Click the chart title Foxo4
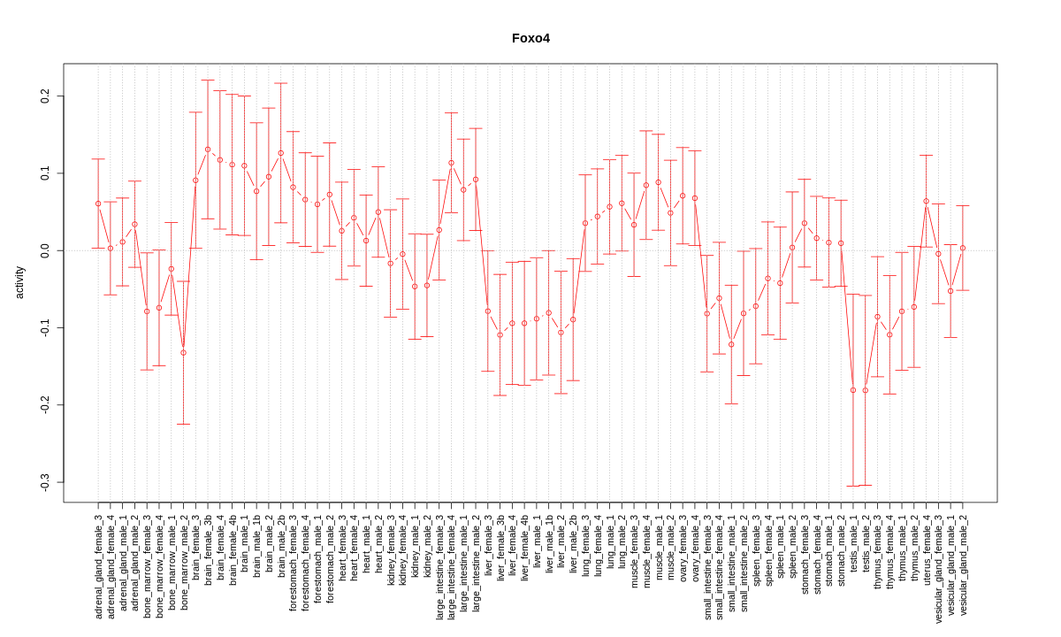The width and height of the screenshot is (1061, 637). [530, 38]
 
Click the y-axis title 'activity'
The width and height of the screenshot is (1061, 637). [19, 283]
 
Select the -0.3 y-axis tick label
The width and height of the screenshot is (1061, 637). [45, 481]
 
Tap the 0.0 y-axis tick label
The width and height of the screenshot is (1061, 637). [45, 250]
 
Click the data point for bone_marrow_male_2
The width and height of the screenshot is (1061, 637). [183, 352]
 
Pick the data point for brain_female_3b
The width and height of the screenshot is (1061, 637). [208, 150]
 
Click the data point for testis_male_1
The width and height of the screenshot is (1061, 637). [853, 390]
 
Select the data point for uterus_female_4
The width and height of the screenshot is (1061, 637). [926, 201]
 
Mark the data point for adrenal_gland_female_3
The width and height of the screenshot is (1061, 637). [98, 203]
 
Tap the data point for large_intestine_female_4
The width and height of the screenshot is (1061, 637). [451, 163]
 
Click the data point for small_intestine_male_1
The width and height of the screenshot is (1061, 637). [731, 344]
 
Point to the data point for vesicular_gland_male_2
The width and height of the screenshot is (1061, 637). [963, 248]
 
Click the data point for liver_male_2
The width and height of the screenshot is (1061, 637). [561, 332]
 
